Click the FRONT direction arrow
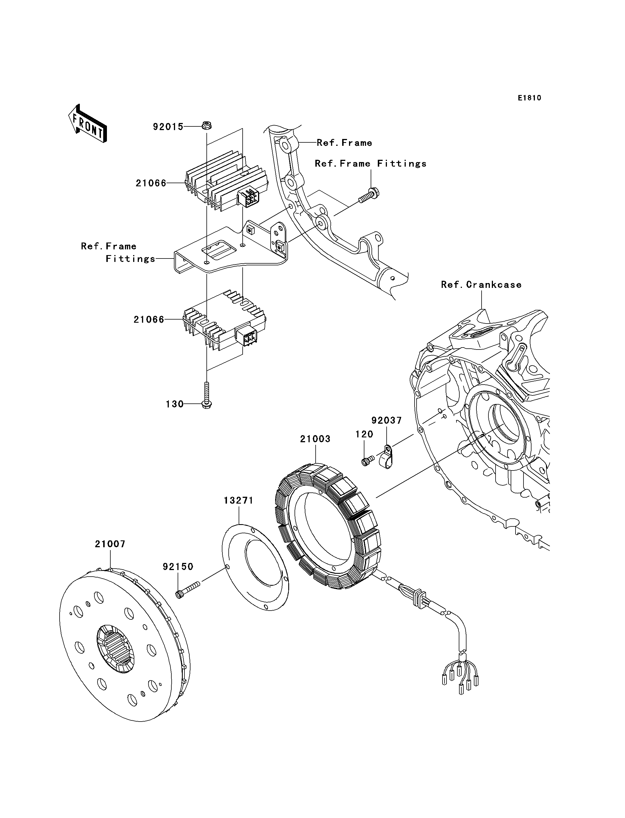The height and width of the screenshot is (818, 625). point(88,124)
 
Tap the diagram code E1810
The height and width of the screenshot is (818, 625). point(529,98)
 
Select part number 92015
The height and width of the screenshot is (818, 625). point(168,127)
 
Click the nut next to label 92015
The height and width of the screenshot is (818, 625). point(206,126)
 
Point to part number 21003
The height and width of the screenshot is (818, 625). point(315,439)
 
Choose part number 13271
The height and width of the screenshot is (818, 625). point(238,500)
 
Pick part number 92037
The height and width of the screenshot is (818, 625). point(387,421)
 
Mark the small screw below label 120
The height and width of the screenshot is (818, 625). point(368,461)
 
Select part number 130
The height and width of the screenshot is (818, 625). point(174,404)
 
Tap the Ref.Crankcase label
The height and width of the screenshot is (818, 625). point(481,285)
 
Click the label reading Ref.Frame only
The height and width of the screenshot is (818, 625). point(344,143)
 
